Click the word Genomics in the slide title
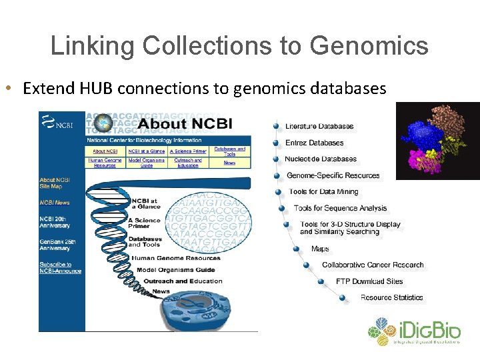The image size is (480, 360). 369,45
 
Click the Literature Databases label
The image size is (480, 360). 319,126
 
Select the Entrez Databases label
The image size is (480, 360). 314,143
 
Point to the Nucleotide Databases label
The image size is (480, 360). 321,159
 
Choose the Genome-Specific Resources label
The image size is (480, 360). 333,176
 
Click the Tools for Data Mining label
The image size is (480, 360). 323,192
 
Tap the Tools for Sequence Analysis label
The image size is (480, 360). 340,208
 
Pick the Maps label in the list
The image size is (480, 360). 320,249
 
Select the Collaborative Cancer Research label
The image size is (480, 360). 373,265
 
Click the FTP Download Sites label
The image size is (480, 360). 369,281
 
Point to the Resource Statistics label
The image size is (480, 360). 391,297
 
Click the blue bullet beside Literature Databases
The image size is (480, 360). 276,126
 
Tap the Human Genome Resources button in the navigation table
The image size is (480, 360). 105,162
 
